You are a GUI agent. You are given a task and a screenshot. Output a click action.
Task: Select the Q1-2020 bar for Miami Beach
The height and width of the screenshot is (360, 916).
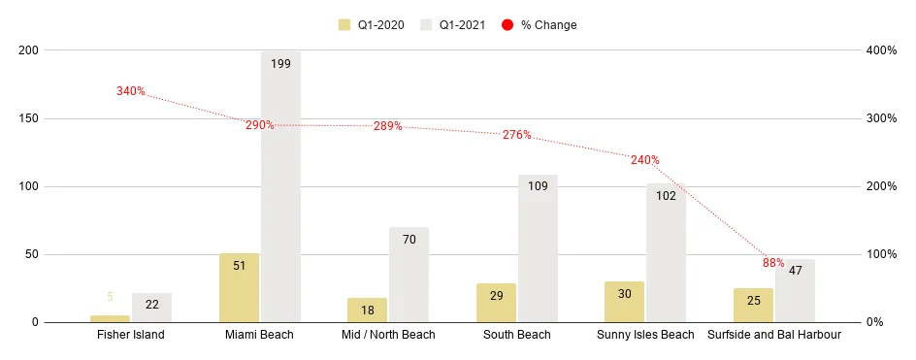pos(239,288)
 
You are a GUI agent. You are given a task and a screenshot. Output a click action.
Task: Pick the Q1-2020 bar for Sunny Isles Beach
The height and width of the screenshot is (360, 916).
pos(624,302)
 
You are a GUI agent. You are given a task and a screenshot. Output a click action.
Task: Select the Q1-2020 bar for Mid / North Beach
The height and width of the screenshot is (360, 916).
pos(367,311)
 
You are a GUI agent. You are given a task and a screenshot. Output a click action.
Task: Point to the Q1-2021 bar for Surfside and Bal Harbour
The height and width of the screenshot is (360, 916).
pos(794,291)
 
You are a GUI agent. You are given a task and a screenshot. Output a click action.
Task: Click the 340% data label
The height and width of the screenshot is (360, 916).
pos(130,91)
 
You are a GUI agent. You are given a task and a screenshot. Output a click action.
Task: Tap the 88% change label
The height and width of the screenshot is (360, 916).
pos(772,263)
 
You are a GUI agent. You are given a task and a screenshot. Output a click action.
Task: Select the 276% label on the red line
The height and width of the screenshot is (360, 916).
pos(516,135)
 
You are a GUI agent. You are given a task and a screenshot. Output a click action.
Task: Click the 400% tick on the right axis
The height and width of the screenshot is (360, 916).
pos(882,50)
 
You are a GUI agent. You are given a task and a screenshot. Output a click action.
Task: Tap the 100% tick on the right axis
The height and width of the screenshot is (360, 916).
pos(882,254)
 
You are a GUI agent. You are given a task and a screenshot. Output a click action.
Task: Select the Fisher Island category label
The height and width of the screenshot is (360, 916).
pos(131,335)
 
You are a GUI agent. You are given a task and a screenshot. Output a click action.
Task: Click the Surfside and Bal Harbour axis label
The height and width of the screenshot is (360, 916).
pos(773,335)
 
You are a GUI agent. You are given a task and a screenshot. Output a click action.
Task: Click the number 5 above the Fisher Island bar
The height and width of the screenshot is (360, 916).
pos(110,298)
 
